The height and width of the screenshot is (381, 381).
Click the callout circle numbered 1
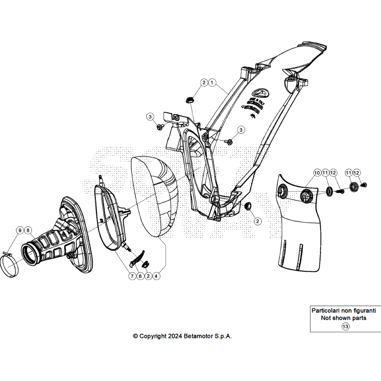coord(212,83)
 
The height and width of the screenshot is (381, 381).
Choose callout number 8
coord(28,230)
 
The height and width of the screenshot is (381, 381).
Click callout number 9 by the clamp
coord(19,230)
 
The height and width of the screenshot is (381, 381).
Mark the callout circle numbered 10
coord(316,173)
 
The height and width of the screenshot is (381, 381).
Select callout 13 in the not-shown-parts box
coord(345,326)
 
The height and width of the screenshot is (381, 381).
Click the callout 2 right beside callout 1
coord(204,83)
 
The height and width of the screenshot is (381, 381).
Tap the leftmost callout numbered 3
coord(151,117)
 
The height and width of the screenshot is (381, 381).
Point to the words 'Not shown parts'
coord(345,318)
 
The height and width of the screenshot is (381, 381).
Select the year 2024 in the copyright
coord(174,336)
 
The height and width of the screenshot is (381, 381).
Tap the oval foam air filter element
coord(154,197)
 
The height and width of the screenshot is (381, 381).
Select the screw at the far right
coord(365,185)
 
